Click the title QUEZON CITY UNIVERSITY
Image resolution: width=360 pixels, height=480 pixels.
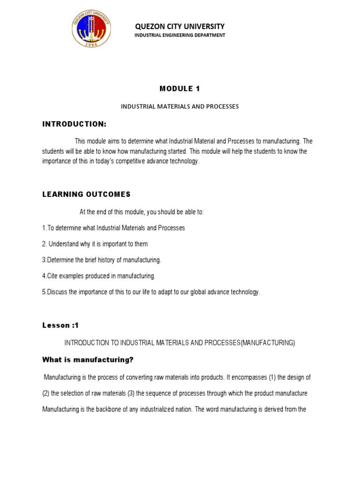[x=180, y=26]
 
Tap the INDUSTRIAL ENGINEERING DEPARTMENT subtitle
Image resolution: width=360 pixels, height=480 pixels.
[x=180, y=35]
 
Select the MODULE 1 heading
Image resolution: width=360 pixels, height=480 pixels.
[x=180, y=89]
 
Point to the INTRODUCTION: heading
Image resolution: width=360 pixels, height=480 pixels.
[x=75, y=124]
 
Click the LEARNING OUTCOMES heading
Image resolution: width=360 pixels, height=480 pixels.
[x=86, y=194]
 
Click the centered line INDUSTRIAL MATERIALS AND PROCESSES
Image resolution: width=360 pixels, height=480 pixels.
[x=180, y=107]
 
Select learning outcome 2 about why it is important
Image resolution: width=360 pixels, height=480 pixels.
[x=95, y=244]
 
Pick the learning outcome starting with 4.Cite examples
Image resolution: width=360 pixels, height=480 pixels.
[x=98, y=276]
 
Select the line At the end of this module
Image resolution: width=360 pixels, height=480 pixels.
[x=142, y=212]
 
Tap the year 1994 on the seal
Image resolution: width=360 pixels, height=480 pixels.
[x=93, y=45]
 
